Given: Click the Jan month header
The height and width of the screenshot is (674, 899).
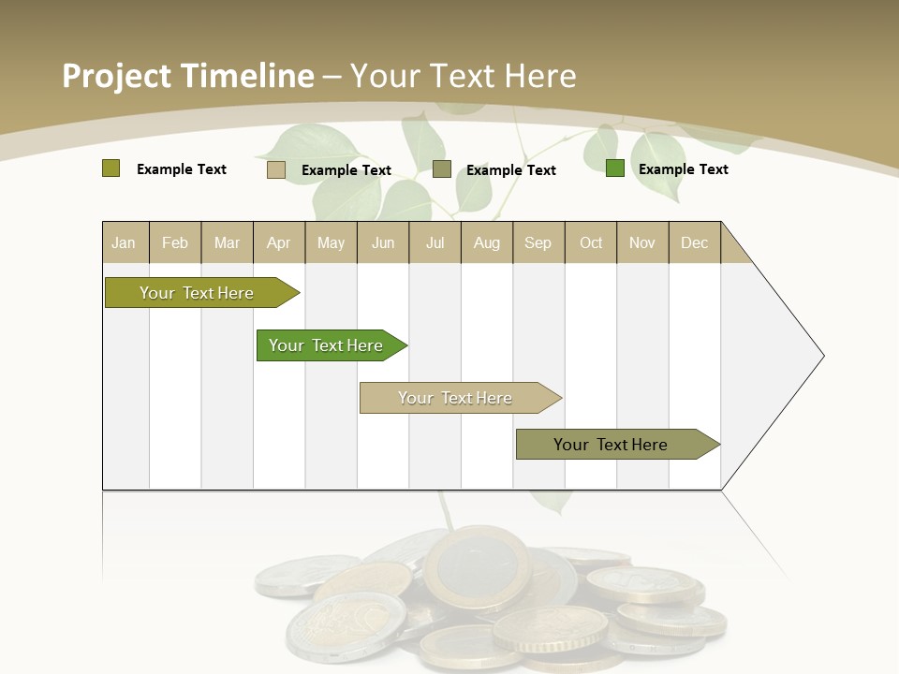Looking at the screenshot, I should (x=124, y=243).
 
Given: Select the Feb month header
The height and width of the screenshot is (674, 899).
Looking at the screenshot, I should (x=175, y=243).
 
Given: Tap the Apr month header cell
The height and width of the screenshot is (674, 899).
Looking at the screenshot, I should (x=279, y=243).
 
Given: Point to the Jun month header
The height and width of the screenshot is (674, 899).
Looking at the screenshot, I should (x=383, y=243).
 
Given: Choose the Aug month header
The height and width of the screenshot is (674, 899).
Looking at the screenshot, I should (x=487, y=243).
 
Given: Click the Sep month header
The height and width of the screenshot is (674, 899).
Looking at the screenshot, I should (x=538, y=243).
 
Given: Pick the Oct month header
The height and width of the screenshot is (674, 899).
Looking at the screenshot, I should (x=591, y=243).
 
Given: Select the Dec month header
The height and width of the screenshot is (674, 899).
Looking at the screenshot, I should (x=695, y=243).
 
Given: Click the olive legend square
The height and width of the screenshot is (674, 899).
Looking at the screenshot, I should (x=111, y=168).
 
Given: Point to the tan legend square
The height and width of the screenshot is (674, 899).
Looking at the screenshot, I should (x=276, y=169).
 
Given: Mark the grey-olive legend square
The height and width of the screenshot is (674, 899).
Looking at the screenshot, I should (x=442, y=169).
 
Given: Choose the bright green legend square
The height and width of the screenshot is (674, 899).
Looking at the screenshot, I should (x=615, y=168).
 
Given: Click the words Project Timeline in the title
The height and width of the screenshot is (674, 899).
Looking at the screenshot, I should (x=188, y=76).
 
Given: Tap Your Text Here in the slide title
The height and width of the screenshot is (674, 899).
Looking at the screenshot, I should (x=464, y=76).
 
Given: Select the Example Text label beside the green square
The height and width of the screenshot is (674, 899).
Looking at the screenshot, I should (x=684, y=169).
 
